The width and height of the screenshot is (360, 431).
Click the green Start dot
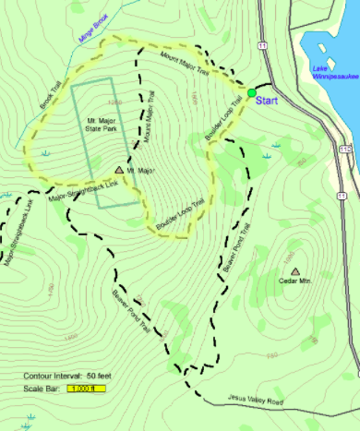[x=252, y=92]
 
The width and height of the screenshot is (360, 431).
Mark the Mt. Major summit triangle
[x=120, y=170]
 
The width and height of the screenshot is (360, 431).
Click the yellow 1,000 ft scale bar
[x=86, y=388]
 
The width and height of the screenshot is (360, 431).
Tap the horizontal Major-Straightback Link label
[x=85, y=190]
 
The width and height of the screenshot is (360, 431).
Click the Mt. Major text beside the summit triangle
[x=139, y=172]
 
